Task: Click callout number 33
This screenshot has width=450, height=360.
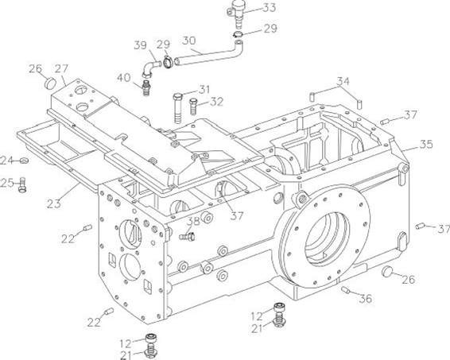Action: [x=270, y=7]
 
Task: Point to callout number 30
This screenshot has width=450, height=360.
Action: [x=189, y=41]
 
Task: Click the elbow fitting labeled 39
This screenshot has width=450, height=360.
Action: [x=151, y=69]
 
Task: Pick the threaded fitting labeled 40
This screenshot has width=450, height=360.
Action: [x=147, y=87]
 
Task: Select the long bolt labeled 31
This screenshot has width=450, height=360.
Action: [x=177, y=108]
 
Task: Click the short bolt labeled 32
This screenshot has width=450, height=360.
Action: [x=193, y=106]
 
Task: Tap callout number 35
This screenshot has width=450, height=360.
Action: [x=426, y=144]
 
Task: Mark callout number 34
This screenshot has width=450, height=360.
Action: [x=343, y=82]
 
